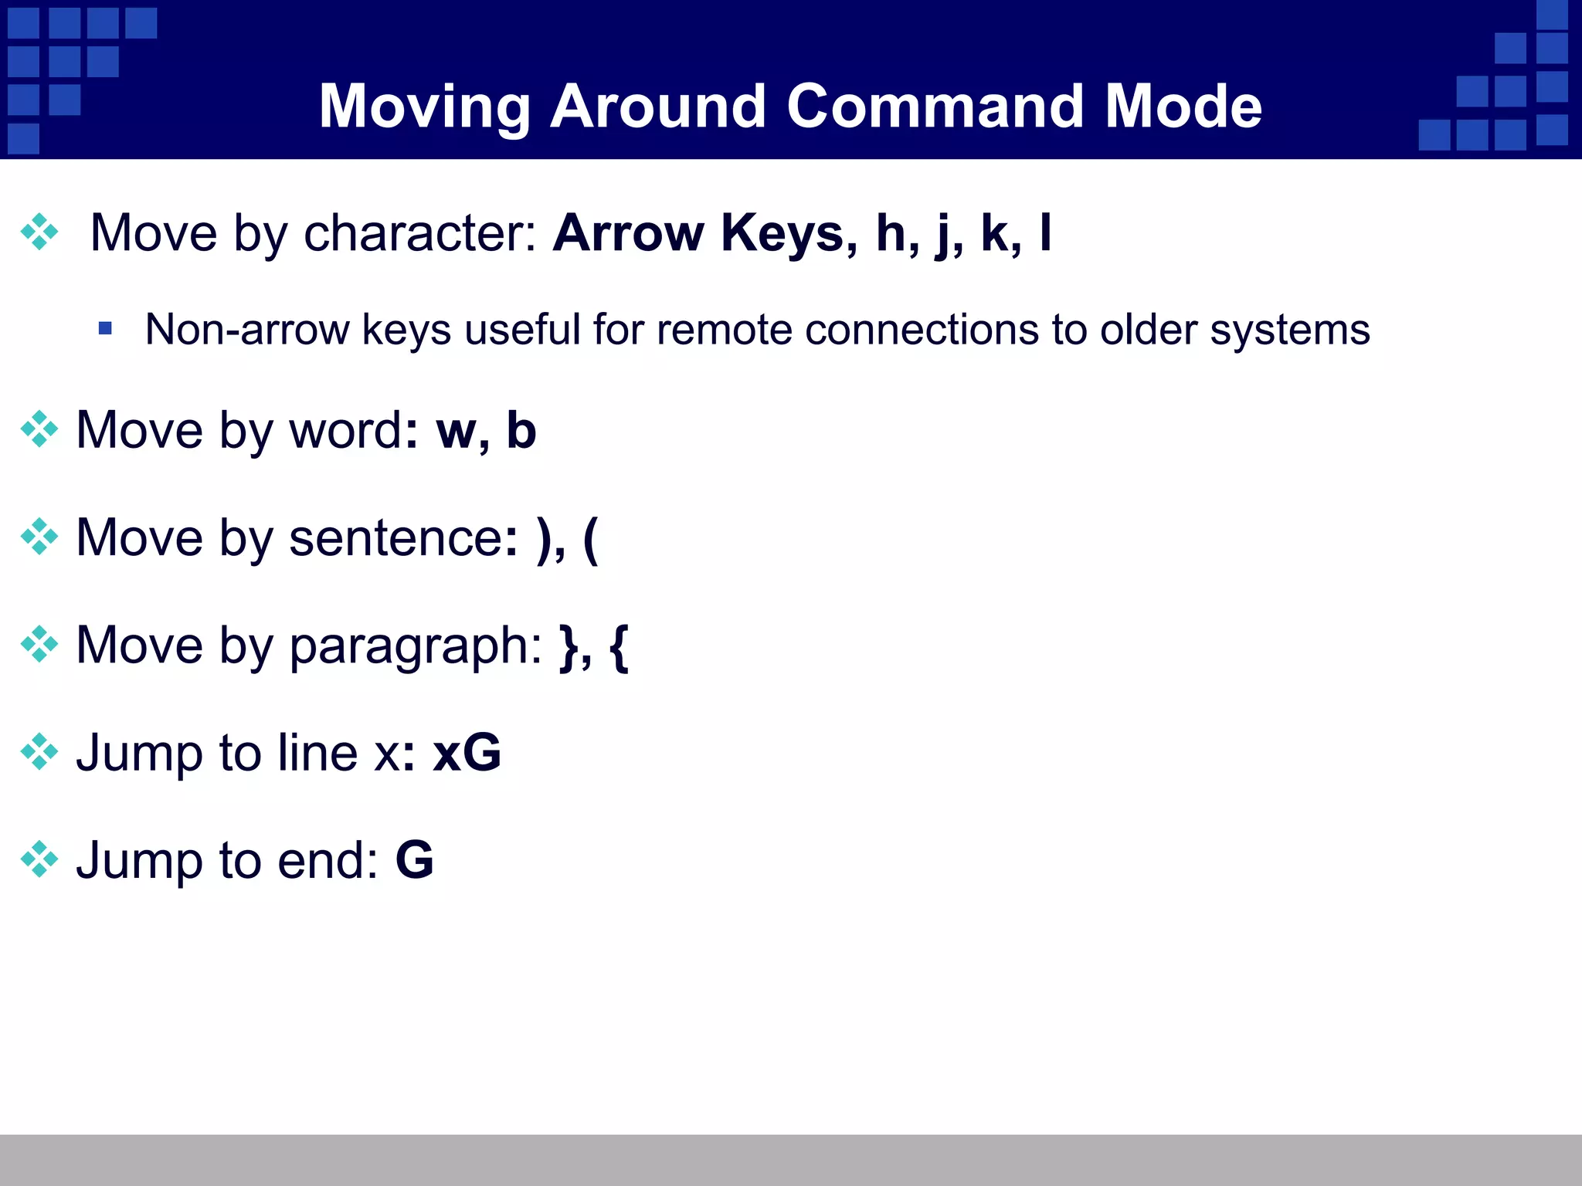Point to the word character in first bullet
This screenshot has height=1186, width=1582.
click(x=419, y=232)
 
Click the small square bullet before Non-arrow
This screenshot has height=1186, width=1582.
click(x=106, y=329)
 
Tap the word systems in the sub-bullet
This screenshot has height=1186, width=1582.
click(x=1289, y=330)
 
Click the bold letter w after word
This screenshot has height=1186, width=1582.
click(x=457, y=431)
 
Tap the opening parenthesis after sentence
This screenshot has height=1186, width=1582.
click(x=590, y=539)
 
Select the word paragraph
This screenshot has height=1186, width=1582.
click(x=416, y=646)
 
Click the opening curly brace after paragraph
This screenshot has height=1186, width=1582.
click(x=619, y=646)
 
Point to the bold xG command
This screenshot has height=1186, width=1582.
click(x=467, y=752)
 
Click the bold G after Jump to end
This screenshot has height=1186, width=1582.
click(x=414, y=859)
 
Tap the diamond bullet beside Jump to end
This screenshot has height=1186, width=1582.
click(x=39, y=859)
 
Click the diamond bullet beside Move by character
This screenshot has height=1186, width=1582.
click(x=39, y=232)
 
